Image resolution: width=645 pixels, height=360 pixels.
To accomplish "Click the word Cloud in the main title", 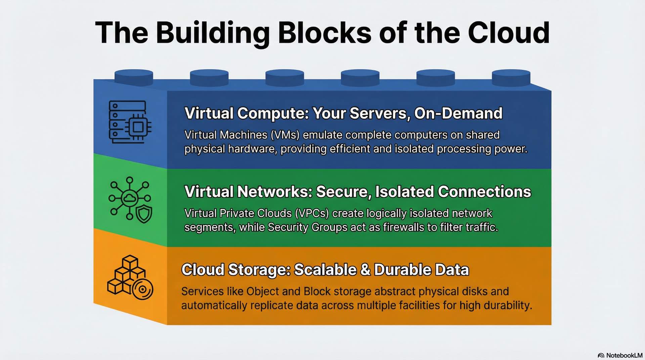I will [x=509, y=33].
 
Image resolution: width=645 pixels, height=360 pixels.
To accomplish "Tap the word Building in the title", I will [x=213, y=33].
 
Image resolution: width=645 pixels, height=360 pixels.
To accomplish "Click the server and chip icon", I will [x=130, y=122].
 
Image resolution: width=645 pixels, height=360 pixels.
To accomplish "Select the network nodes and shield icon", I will [x=130, y=200].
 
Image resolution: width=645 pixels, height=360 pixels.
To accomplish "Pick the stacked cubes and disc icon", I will [x=130, y=277].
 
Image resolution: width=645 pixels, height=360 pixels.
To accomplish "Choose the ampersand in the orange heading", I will [x=365, y=270].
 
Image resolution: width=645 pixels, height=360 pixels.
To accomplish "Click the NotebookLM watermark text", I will [x=624, y=355].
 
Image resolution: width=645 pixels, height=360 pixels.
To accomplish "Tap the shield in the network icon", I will [x=144, y=214].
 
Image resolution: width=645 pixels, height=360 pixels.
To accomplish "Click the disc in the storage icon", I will [x=142, y=289].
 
